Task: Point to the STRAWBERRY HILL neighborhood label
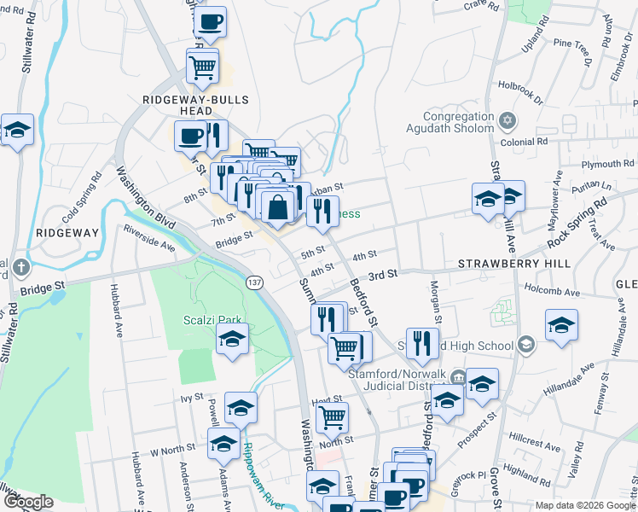tap(513, 265)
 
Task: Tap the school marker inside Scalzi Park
tap(232, 340)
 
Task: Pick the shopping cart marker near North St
tap(332, 418)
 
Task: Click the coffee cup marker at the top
tap(210, 23)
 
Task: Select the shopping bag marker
tap(278, 207)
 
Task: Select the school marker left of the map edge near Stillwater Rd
tap(16, 131)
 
